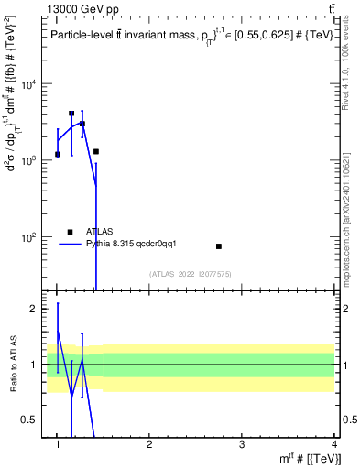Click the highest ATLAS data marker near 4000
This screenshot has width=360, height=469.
[x=71, y=114]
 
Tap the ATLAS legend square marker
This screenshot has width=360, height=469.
[x=70, y=232]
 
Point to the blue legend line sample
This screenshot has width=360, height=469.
[x=70, y=244]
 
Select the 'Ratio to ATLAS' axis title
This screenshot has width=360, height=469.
[x=12, y=364]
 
